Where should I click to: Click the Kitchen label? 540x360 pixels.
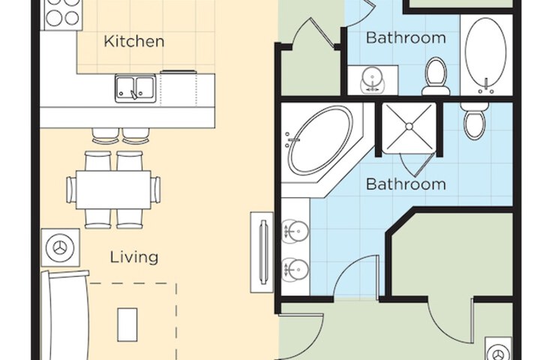(134, 41)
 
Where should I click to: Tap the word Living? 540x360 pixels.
(134, 257)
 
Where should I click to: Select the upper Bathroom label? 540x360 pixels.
(406, 37)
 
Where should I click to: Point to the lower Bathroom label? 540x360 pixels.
(406, 184)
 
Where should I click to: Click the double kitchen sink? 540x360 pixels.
(135, 88)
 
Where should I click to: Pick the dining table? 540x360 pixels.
(113, 190)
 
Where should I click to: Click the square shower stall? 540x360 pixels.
(409, 127)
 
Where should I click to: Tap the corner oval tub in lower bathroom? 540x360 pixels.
(321, 140)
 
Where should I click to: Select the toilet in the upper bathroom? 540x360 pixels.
(436, 76)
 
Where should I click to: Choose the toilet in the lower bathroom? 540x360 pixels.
(474, 121)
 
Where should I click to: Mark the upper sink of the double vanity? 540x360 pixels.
(295, 231)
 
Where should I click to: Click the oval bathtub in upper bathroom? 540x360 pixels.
(485, 52)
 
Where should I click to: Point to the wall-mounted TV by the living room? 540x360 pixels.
(262, 252)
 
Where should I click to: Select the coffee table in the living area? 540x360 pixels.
(127, 325)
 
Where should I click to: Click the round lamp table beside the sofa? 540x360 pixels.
(61, 247)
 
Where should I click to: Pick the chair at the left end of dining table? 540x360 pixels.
(72, 190)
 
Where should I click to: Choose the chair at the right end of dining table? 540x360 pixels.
(156, 190)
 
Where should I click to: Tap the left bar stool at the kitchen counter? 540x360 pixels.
(106, 136)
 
